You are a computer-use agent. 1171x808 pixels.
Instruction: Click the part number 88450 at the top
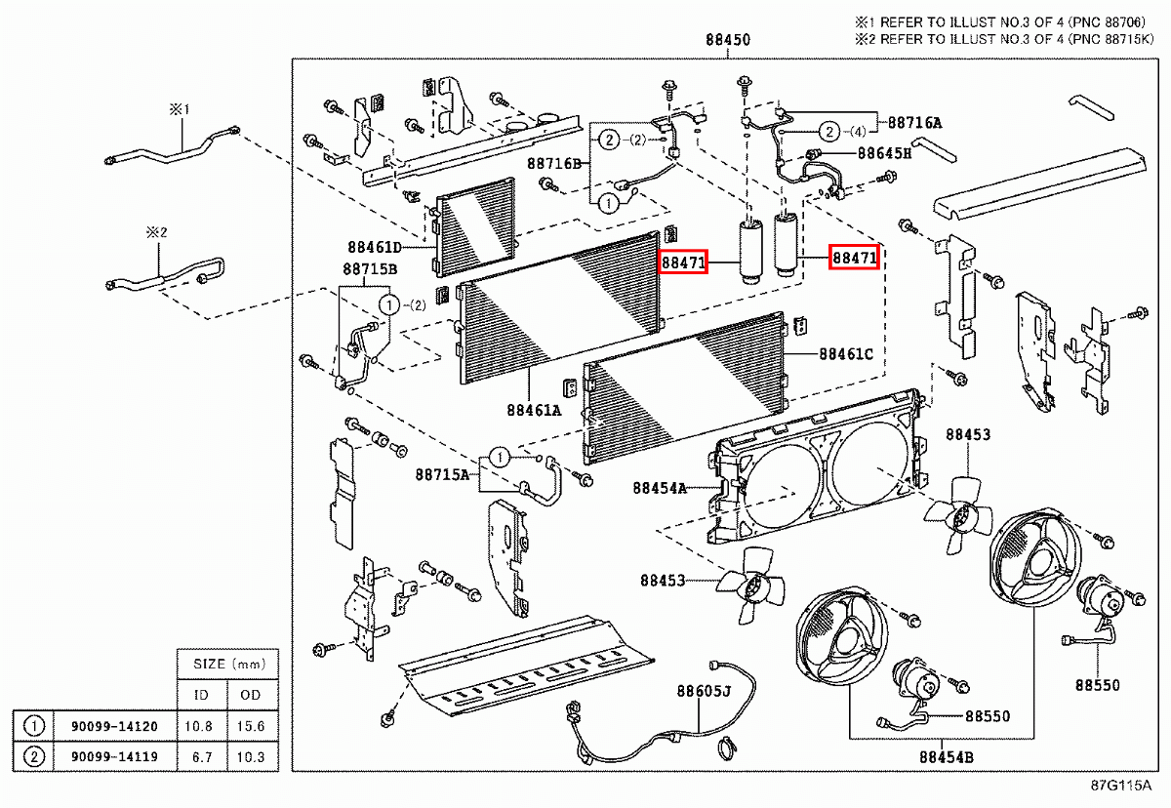click(728, 41)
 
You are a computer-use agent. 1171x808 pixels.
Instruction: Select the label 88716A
click(914, 123)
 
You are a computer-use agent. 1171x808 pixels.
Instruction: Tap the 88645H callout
click(884, 153)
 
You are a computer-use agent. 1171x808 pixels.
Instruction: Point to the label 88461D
click(375, 247)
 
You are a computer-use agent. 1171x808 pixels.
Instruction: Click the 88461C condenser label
click(846, 354)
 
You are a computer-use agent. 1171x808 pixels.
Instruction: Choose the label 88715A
click(442, 474)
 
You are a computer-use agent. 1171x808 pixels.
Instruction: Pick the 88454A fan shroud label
click(661, 488)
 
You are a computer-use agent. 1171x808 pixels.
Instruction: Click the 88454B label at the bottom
click(947, 756)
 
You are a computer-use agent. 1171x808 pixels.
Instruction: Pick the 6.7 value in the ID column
click(201, 756)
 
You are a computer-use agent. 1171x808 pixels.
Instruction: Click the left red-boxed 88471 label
click(683, 263)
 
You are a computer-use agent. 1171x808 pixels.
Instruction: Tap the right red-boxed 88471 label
click(854, 258)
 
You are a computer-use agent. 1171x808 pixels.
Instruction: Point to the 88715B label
click(369, 268)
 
